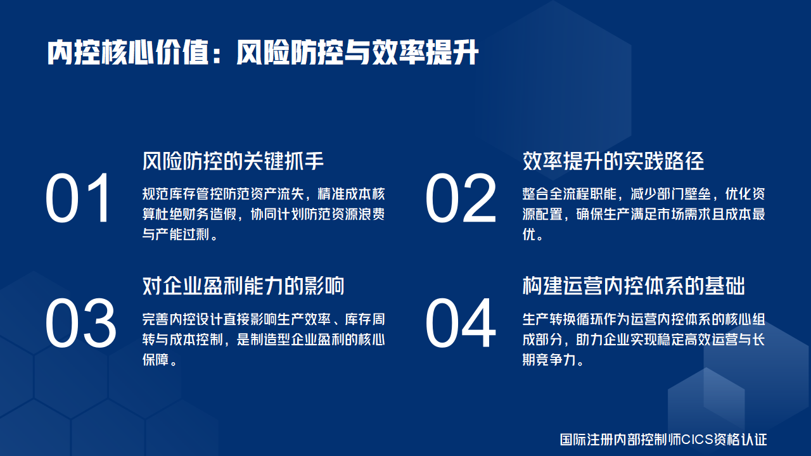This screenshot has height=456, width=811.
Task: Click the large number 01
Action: pyautogui.click(x=79, y=199)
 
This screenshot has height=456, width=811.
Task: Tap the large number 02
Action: pyautogui.click(x=461, y=199)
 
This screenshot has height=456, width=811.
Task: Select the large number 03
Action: pyautogui.click(x=80, y=324)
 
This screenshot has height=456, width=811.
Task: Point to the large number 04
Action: pyautogui.click(x=461, y=324)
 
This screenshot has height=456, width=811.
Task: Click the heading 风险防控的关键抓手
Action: pyautogui.click(x=233, y=161)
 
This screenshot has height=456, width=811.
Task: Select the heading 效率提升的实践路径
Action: pyautogui.click(x=613, y=161)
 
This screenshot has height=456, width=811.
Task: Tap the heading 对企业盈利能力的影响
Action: pyautogui.click(x=243, y=286)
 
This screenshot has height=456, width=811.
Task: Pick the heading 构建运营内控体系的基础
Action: pyautogui.click(x=634, y=286)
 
